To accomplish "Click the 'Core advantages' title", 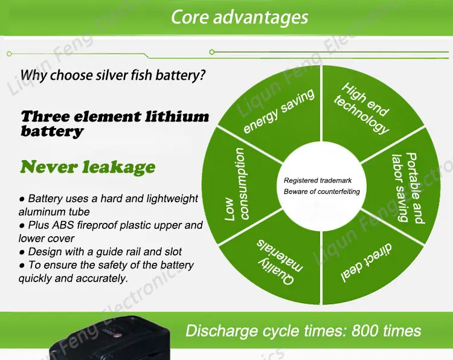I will [239, 16].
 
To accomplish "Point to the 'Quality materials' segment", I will [280, 262].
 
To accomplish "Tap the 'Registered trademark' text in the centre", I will [318, 181].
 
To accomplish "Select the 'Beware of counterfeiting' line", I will [321, 191].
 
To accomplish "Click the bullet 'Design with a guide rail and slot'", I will [100, 252].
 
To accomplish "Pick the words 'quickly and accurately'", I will [72, 278].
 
